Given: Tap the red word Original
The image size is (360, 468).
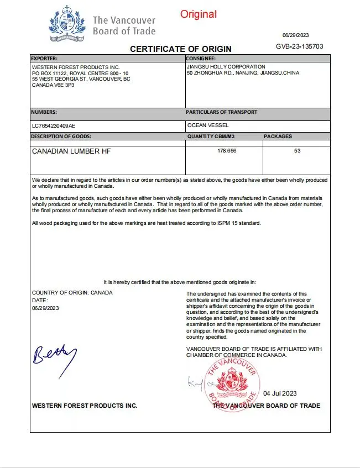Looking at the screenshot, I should point(199,14).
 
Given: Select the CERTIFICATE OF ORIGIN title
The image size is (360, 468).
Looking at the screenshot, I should point(181,49).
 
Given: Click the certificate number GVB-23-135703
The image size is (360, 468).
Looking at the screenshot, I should point(299,47).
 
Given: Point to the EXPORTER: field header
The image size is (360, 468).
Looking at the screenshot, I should point(44,58).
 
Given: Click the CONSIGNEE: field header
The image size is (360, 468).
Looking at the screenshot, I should point(201,58).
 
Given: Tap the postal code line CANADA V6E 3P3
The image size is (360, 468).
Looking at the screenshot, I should point(53,85).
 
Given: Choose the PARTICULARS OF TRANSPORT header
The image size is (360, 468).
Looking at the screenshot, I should point(221,112).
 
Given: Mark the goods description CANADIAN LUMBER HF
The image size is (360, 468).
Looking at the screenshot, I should point(67,151).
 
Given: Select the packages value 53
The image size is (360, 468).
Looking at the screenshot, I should point(297,150).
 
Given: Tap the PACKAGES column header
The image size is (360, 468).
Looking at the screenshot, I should point(278,136).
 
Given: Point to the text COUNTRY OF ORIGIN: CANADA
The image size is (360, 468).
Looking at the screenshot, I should point(72,292).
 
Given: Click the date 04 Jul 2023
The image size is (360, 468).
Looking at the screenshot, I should point(280,393).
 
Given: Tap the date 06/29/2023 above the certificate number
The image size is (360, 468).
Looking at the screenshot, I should point(295,35).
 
